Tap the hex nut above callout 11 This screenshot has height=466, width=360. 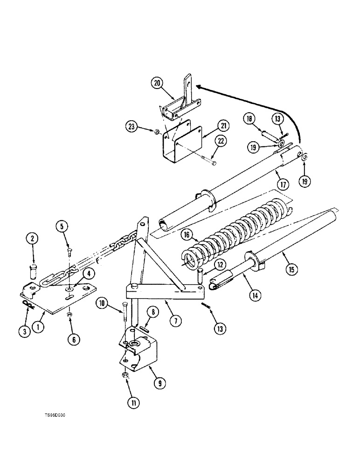pyautogui.click(x=125, y=375)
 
